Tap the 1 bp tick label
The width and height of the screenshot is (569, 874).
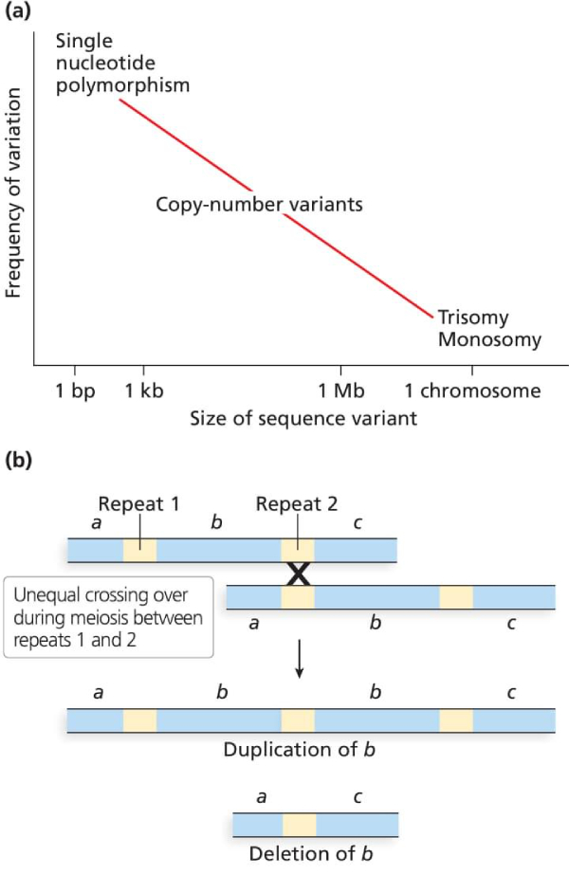pyautogui.click(x=75, y=391)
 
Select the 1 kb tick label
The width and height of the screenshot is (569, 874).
pyautogui.click(x=144, y=391)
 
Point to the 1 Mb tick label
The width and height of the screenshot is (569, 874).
pyautogui.click(x=340, y=391)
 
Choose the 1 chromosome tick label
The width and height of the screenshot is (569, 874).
pyautogui.click(x=472, y=391)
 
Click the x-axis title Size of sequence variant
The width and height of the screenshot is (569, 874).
pyautogui.click(x=303, y=418)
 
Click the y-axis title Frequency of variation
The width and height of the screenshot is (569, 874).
pyautogui.click(x=14, y=190)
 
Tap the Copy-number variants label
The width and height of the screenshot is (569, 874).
pyautogui.click(x=259, y=204)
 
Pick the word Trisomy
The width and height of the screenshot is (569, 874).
pyautogui.click(x=473, y=318)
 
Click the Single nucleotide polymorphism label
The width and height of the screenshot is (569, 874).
pyautogui.click(x=122, y=64)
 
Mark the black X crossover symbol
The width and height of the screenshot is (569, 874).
pyautogui.click(x=299, y=574)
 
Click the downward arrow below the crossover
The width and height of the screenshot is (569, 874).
pyautogui.click(x=299, y=660)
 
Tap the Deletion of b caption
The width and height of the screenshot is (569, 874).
pyautogui.click(x=310, y=852)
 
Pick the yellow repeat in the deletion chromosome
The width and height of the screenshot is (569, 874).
pyautogui.click(x=299, y=823)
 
